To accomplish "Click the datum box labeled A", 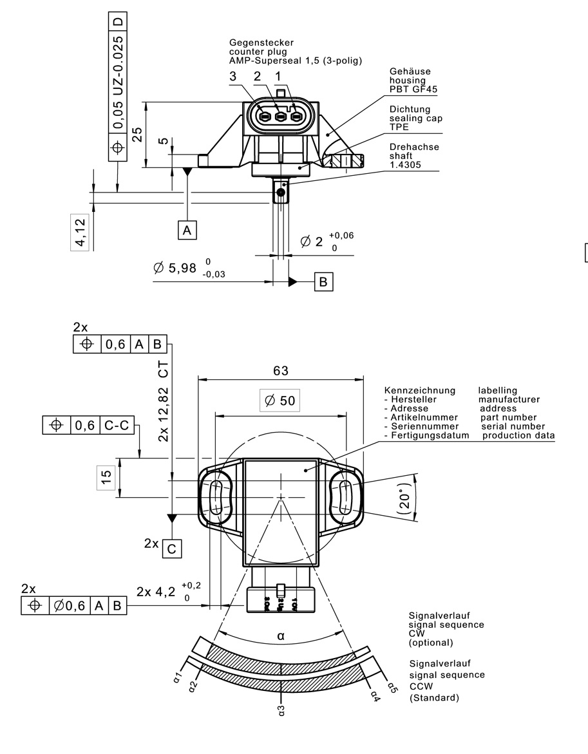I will (x=187, y=230).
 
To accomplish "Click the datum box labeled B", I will (x=324, y=281).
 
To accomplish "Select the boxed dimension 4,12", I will (x=79, y=232).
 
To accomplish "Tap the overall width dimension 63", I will (x=281, y=371).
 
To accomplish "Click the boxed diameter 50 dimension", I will (x=280, y=401).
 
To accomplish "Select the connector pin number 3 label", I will (x=232, y=76).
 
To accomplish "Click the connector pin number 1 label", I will (x=278, y=76).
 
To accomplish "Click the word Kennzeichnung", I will (x=419, y=390).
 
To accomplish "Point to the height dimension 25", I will (x=137, y=134).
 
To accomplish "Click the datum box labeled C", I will (x=171, y=549).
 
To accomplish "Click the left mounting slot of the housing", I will (x=216, y=498).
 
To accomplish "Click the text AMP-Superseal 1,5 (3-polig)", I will (x=296, y=61).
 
